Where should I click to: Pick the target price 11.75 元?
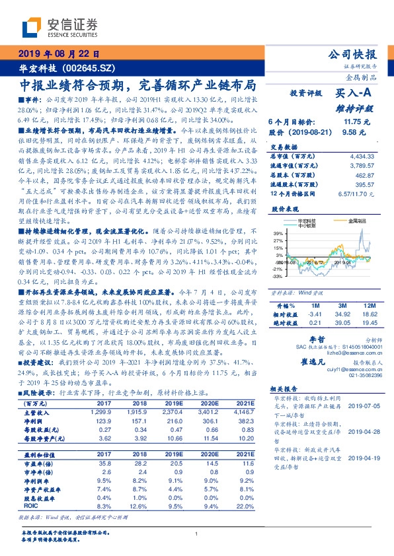(x=354, y=122)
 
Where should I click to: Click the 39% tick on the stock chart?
(x=278, y=234)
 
